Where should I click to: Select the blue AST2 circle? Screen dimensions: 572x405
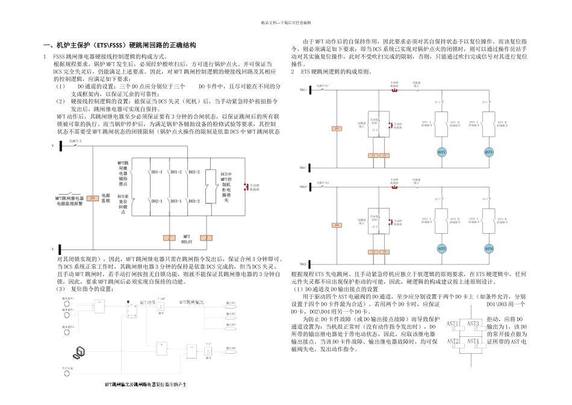point(442,248)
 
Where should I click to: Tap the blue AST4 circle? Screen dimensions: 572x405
point(489,248)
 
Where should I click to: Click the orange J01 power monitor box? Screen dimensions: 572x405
point(92,198)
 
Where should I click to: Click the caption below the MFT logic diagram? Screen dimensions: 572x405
point(145,384)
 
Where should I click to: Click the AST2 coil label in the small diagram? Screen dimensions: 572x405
point(453,341)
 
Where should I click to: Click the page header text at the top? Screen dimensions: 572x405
point(285,22)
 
